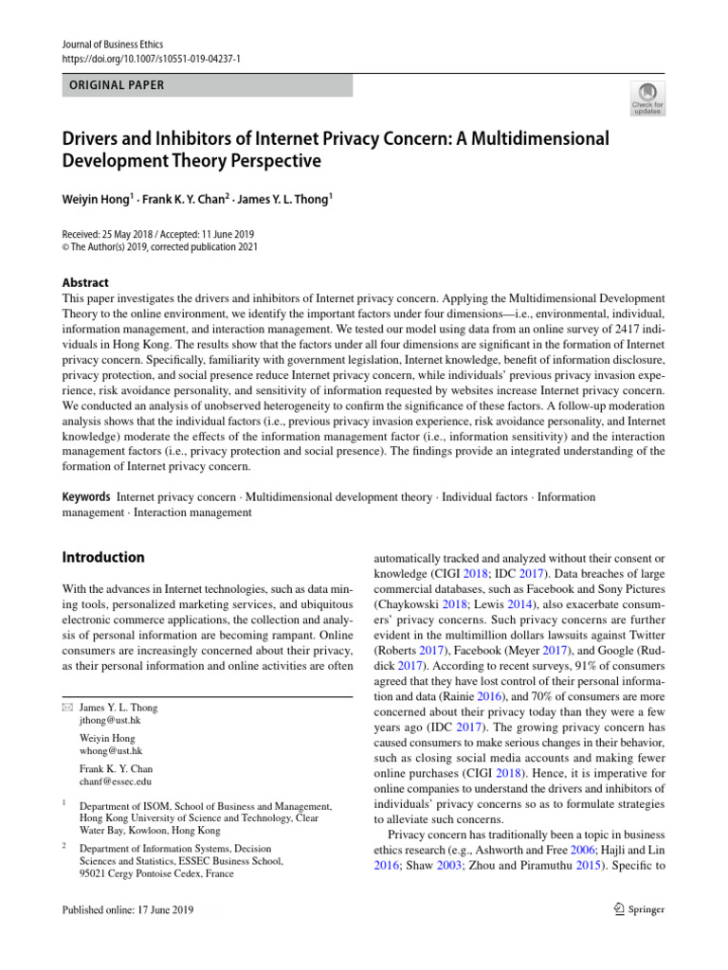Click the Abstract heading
(x=84, y=282)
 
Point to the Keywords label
(x=86, y=496)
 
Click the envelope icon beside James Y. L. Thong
(x=66, y=707)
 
